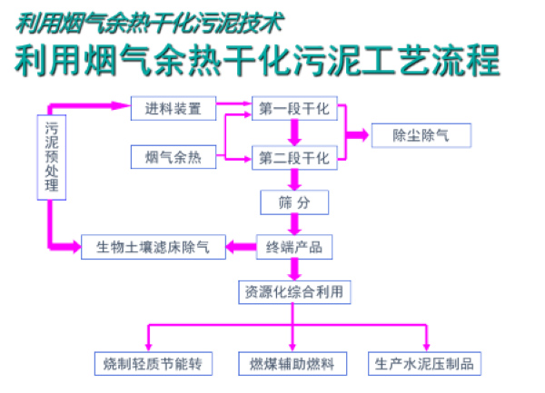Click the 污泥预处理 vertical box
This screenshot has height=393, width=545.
click(51, 156)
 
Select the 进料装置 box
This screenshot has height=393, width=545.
click(173, 108)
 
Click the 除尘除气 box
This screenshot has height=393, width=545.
click(421, 134)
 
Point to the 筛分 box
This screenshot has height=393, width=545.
click(292, 201)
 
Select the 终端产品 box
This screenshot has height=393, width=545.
click(292, 246)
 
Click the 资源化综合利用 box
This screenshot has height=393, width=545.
click(292, 291)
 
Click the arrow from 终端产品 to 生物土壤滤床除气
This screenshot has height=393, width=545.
click(241, 246)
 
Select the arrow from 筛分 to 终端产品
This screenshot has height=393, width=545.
click(293, 223)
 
